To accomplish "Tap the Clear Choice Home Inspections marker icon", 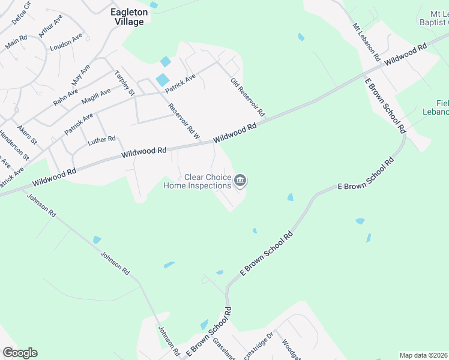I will coord(240,180).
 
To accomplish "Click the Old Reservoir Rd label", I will coord(247,97).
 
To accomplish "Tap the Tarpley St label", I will coord(124,83).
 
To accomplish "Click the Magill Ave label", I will coord(97,95).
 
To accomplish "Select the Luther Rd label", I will coord(101,140).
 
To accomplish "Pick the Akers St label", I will coord(28,135).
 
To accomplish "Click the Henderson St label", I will coord(14,145).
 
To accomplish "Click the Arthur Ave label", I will coord(50,26).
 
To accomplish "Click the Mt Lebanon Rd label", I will coord(367,42).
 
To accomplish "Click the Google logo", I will coord(20,353).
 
